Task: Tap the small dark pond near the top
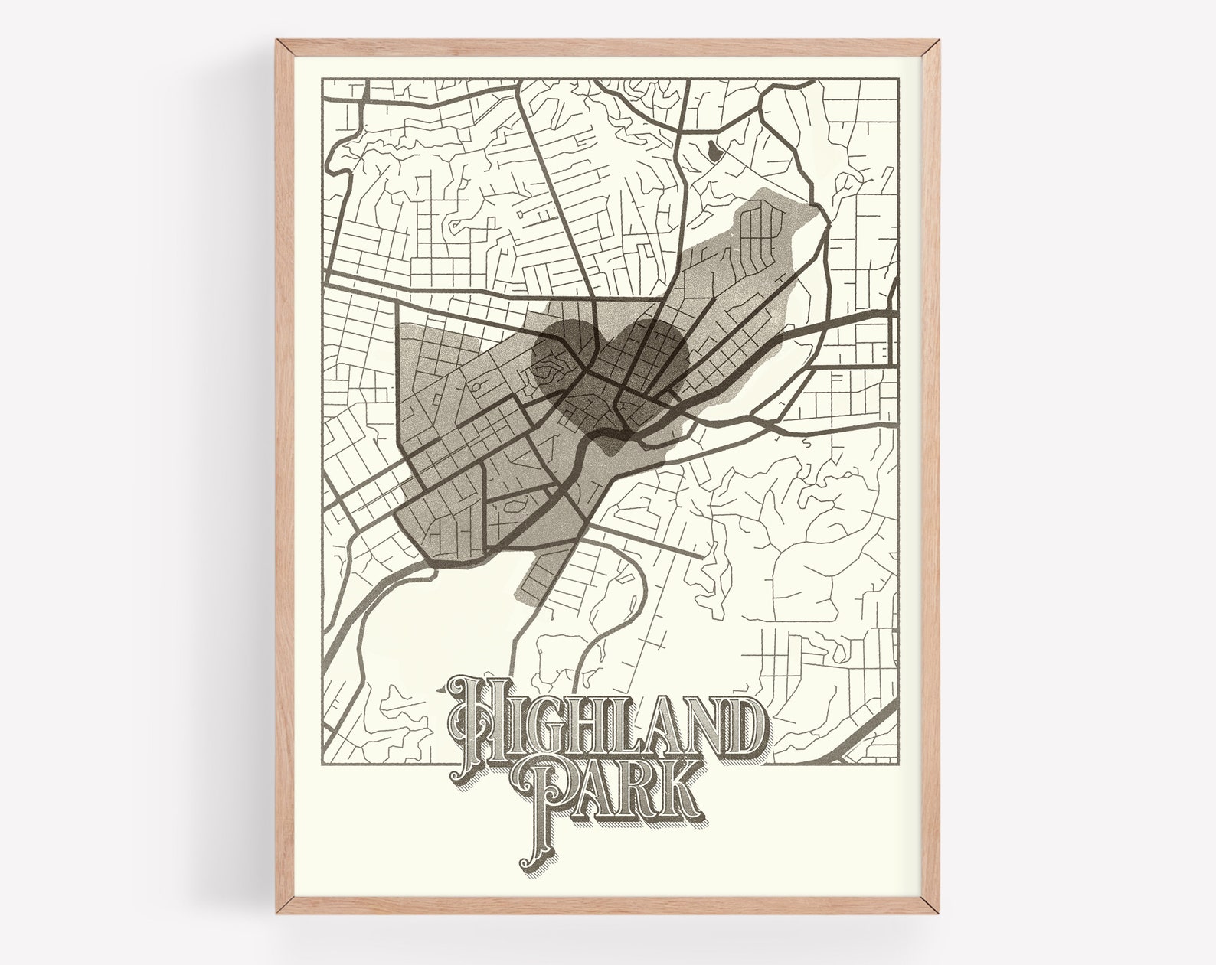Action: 714,151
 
